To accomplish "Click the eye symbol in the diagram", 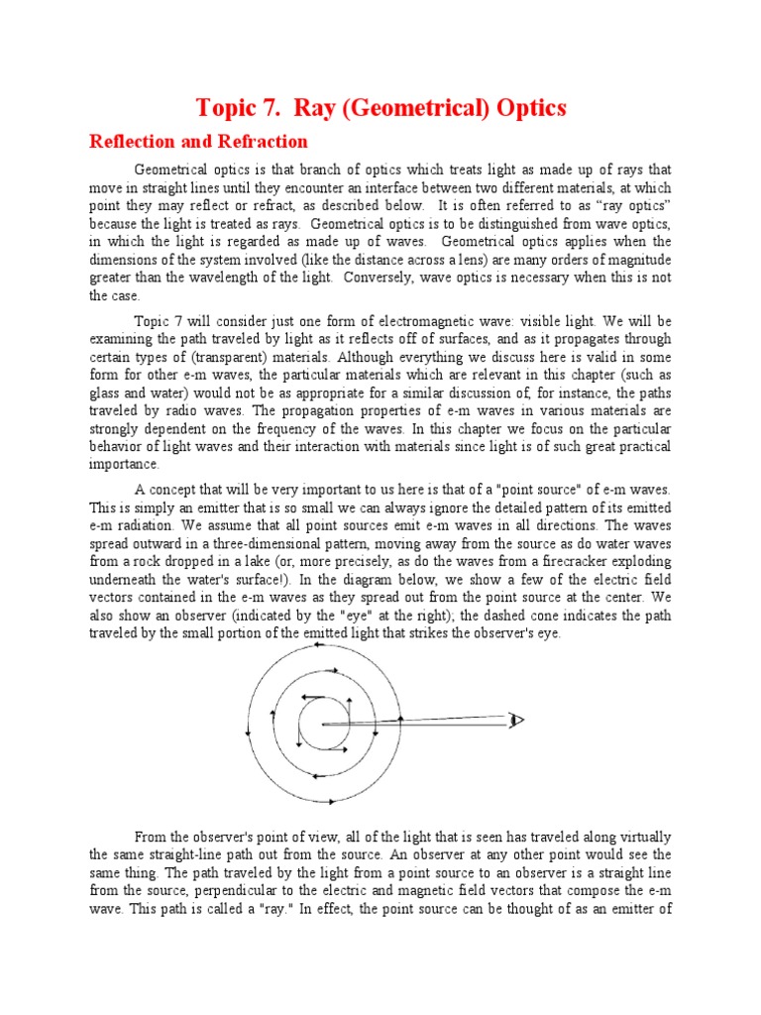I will pyautogui.click(x=515, y=720).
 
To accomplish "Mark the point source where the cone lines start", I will pyautogui.click(x=324, y=725).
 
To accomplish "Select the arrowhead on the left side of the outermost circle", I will pyautogui.click(x=247, y=732).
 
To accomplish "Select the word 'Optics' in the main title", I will pyautogui.click(x=529, y=107).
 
